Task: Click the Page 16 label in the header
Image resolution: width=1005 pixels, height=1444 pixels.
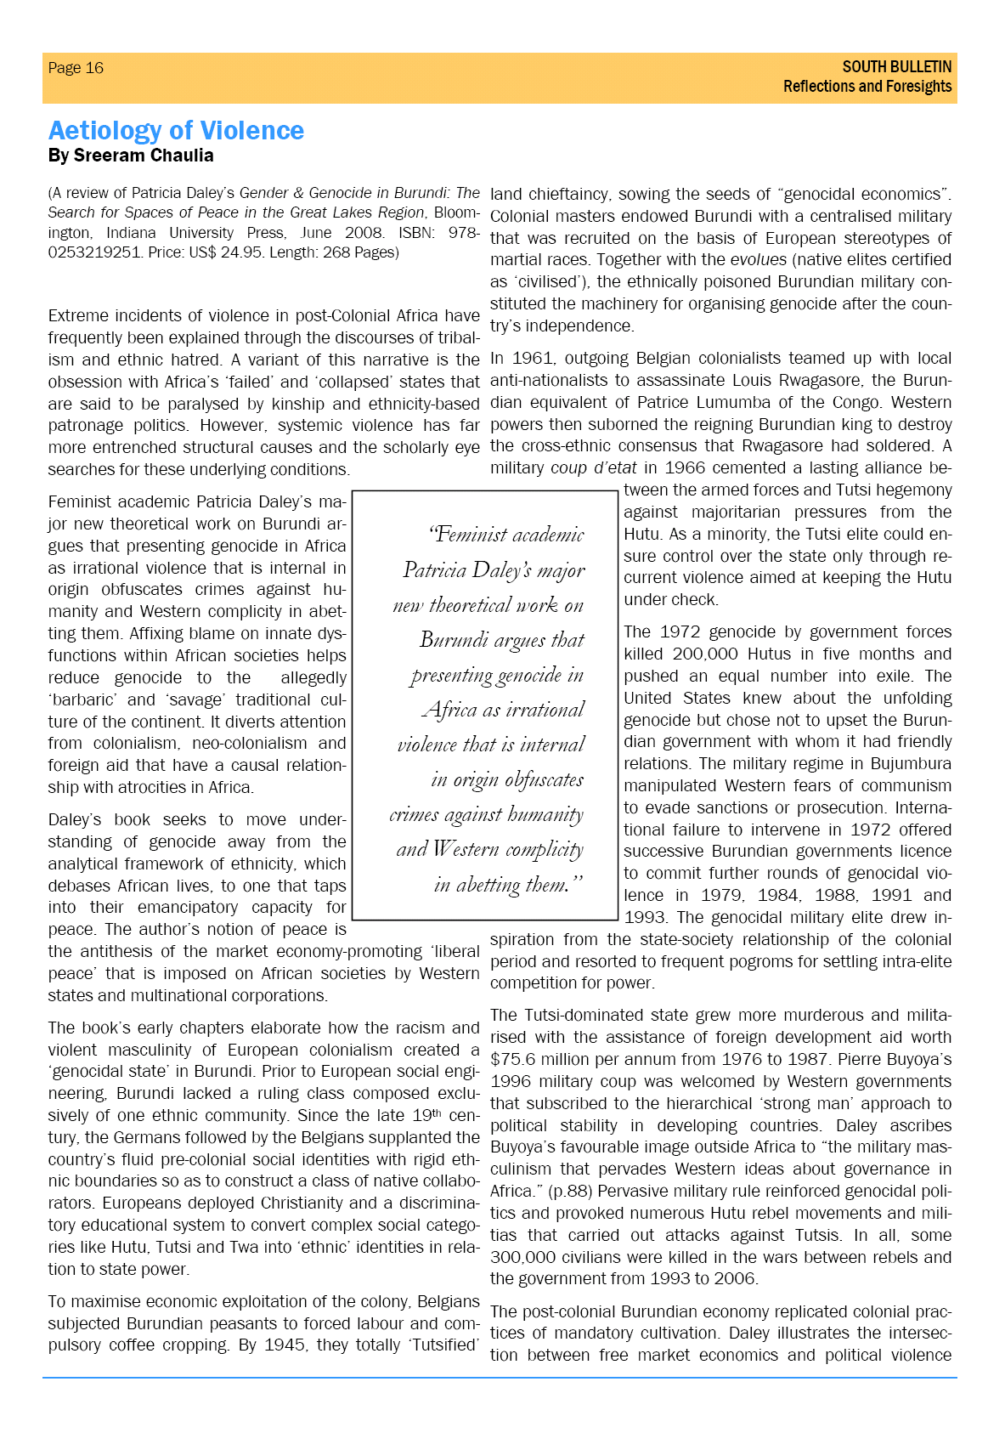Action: [x=76, y=68]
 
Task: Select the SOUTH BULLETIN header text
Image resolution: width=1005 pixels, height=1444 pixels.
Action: [x=896, y=66]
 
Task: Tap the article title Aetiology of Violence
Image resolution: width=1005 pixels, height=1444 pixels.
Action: [x=176, y=130]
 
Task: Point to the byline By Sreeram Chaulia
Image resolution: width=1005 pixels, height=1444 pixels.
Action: [x=131, y=156]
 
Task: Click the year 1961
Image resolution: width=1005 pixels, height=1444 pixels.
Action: [x=533, y=358]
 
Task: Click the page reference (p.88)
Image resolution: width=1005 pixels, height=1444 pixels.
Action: [x=557, y=1191]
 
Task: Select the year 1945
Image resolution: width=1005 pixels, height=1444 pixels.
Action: [x=285, y=1345]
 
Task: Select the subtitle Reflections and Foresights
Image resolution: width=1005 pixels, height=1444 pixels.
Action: [x=867, y=87]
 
